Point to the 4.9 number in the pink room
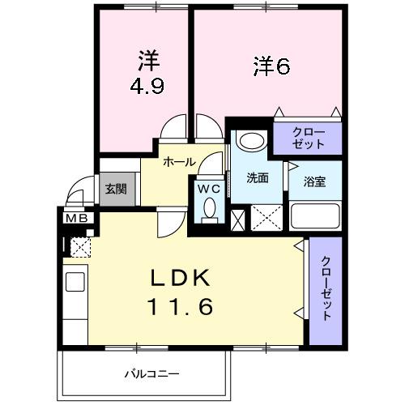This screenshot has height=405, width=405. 146,86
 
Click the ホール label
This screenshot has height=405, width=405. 178,162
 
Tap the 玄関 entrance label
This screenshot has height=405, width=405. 115,189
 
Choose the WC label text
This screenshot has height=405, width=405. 210,189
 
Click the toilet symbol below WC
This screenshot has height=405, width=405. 210,209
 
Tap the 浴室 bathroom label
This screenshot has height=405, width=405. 314,181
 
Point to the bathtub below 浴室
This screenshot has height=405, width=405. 316,217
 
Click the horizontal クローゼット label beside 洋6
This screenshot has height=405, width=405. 308,138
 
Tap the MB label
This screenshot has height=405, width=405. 78,217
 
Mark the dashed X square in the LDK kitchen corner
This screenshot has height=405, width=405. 81,245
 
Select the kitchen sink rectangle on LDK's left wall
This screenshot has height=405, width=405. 75,282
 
